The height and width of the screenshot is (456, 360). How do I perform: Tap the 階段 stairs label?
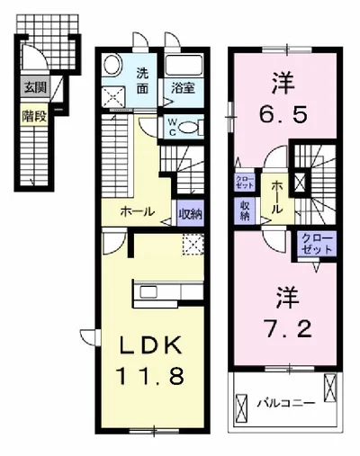coord(35,114)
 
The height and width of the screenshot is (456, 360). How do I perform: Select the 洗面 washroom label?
coord(144,82)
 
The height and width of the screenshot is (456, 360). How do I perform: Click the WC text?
coord(171,127)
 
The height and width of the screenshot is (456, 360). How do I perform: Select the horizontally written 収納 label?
coord(189,213)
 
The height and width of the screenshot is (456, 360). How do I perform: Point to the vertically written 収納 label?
coord(245,210)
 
